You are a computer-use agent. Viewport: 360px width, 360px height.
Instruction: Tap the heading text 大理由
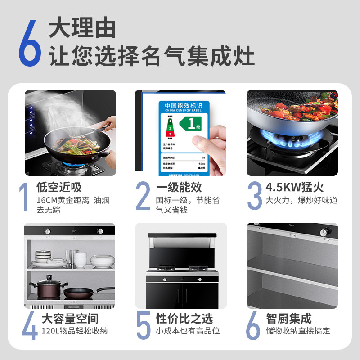click(x=82, y=28)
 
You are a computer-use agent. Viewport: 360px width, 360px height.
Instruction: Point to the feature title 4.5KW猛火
click(x=294, y=187)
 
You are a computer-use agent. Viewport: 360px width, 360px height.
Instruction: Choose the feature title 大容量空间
click(x=70, y=319)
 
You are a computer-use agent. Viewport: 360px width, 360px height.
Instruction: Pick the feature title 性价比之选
click(x=184, y=319)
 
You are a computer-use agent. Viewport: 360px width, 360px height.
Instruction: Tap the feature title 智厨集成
click(x=288, y=319)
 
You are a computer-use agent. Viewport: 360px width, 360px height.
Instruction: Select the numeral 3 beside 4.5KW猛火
click(x=254, y=196)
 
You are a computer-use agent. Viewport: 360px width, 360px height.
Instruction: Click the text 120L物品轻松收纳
click(x=74, y=331)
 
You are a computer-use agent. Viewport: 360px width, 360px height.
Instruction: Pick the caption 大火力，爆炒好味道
click(x=301, y=200)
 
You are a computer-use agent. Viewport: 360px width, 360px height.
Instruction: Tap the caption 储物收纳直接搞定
click(x=298, y=331)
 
